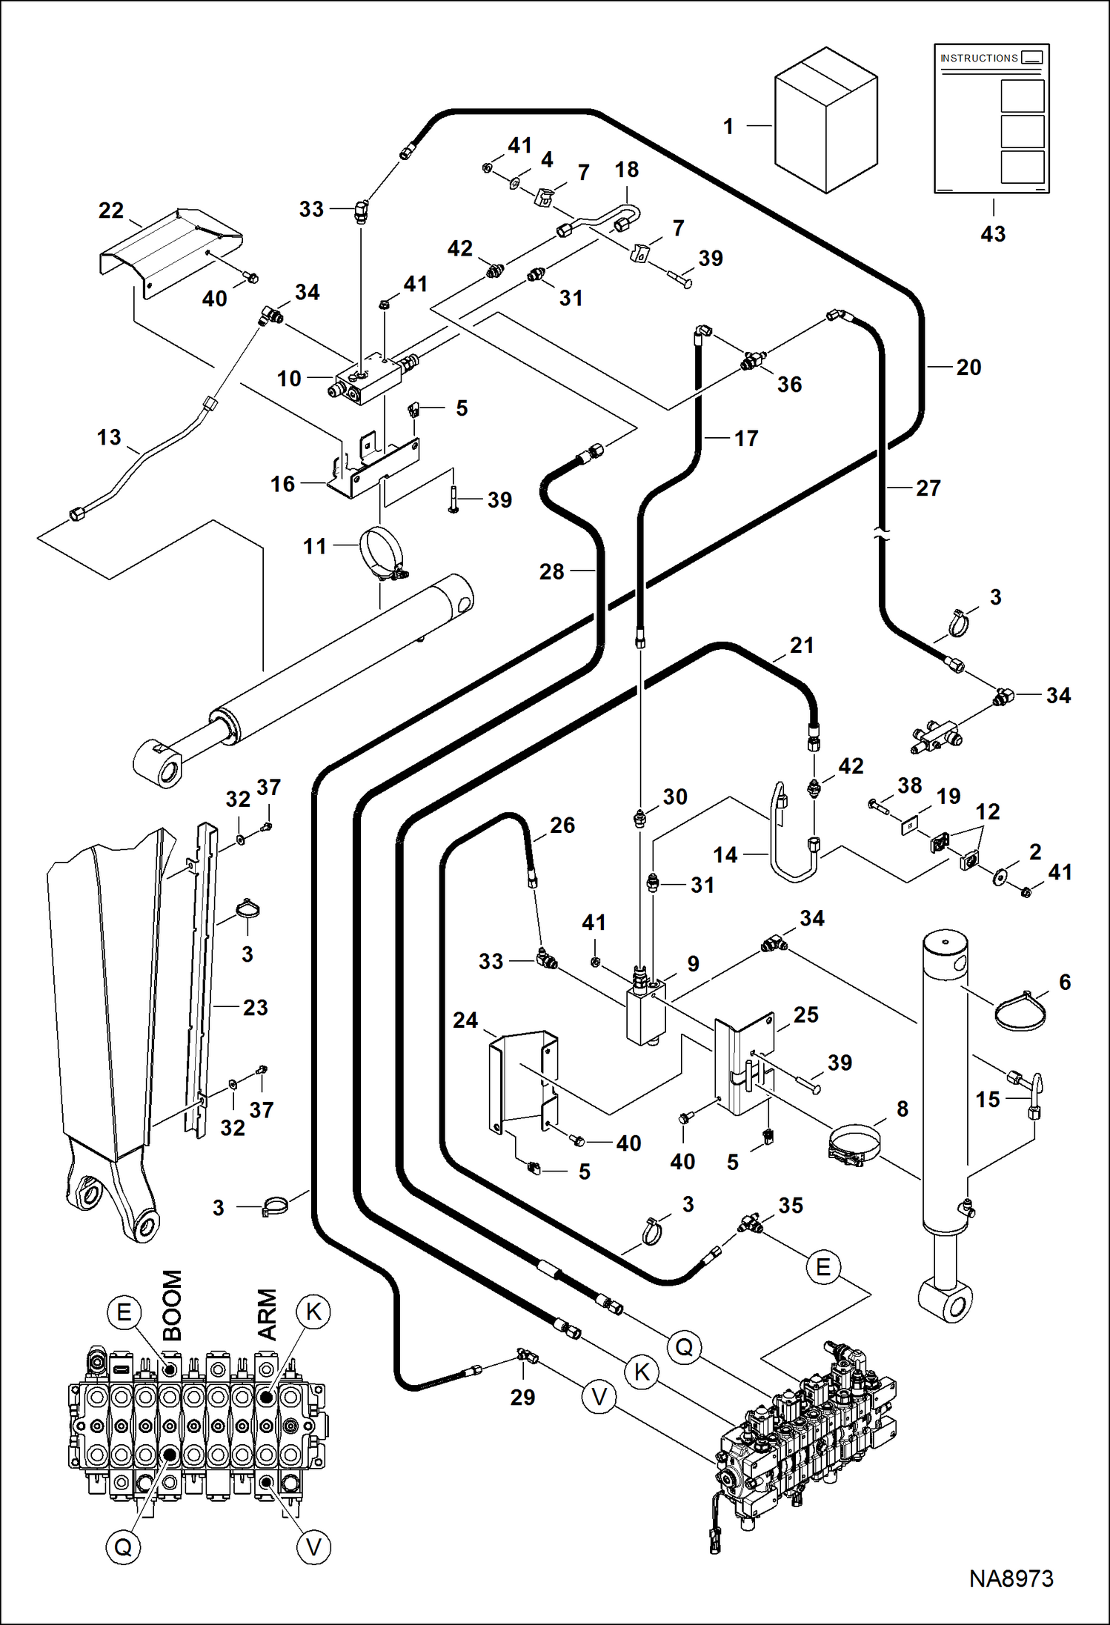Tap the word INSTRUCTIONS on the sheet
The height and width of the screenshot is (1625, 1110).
[x=979, y=58]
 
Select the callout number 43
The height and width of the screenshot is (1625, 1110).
[x=993, y=234]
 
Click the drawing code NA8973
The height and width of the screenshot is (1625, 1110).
[x=1011, y=1579]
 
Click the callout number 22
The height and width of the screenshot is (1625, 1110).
[x=111, y=210]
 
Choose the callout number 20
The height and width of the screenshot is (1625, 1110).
[x=968, y=367]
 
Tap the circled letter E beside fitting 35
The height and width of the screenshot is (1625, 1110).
[x=822, y=1266]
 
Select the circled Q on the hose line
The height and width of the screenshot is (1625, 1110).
[x=684, y=1346]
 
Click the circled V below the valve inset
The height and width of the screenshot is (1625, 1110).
[x=313, y=1546]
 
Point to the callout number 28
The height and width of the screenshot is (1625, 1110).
[x=552, y=571]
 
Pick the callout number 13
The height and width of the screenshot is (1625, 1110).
[x=109, y=437]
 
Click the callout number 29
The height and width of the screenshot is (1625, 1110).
[x=522, y=1397]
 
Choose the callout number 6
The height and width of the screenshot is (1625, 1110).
[x=1065, y=983]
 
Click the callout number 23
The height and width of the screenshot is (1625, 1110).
[x=255, y=1007]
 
